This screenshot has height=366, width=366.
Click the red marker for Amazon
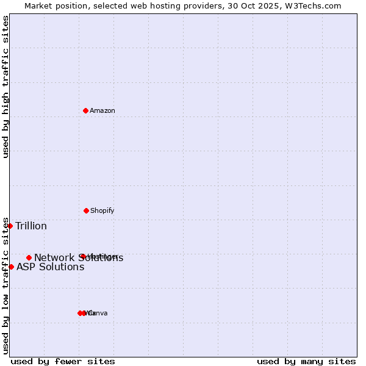[86, 110]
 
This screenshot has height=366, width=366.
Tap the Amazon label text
[102, 110]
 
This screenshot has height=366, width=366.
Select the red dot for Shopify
[86, 210]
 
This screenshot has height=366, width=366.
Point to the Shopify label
[102, 210]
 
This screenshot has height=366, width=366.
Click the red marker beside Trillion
[10, 226]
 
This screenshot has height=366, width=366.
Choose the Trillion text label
[31, 226]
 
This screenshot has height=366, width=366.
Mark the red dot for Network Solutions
[29, 257]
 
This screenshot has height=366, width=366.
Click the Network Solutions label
[79, 258]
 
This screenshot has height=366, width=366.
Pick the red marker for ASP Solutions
[11, 267]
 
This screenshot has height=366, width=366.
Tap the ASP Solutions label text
[50, 267]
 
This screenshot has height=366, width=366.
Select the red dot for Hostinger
[82, 256]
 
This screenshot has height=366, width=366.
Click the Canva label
[99, 314]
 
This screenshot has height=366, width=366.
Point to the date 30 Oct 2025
[253, 5]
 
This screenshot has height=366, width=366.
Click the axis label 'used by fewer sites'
[63, 361]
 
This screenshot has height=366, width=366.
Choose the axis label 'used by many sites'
[306, 361]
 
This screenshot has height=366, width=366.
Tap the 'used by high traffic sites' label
[5, 87]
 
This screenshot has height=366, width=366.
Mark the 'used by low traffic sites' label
[5, 285]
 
